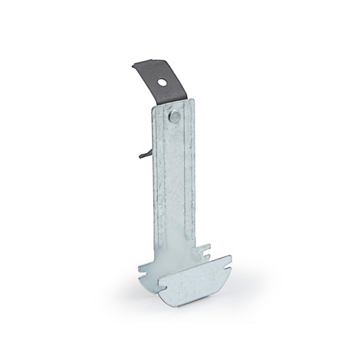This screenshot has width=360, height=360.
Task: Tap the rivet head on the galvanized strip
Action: (175, 117)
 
